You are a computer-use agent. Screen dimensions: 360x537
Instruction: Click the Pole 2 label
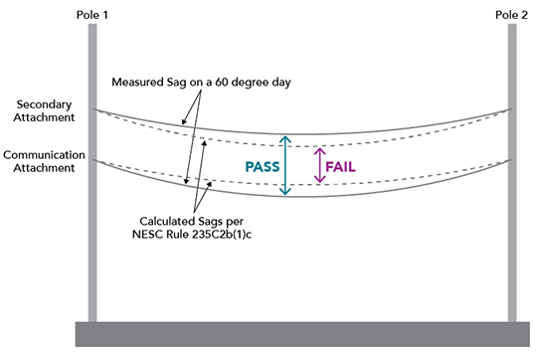coord(512,11)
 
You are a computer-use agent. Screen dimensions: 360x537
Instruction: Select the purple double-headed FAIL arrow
coord(319,165)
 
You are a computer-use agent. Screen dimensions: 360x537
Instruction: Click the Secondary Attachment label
coord(45,110)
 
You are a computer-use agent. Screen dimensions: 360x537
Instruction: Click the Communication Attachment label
coord(45,162)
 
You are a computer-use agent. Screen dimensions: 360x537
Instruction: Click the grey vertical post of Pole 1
coord(91,199)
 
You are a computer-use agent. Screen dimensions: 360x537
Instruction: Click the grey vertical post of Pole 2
coord(513,199)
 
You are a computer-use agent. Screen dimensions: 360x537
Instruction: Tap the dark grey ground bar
coord(303,333)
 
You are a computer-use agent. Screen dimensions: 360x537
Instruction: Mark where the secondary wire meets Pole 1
coord(92,109)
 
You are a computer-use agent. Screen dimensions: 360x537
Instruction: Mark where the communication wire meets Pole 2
coord(512,160)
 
